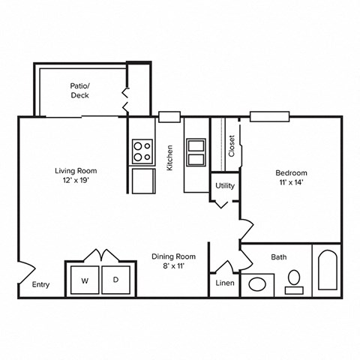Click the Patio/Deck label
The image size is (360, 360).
[80, 91]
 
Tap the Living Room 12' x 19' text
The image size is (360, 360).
[76, 175]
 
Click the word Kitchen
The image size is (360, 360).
[171, 157]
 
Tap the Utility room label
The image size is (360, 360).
[224, 185]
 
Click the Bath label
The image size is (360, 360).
[278, 257]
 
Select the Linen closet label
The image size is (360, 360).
[224, 283]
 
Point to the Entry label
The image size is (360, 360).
[40, 284]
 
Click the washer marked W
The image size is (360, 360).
[84, 280]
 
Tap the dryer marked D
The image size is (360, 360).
[115, 280]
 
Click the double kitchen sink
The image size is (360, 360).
[196, 151]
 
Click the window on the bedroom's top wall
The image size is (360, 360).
[269, 116]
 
